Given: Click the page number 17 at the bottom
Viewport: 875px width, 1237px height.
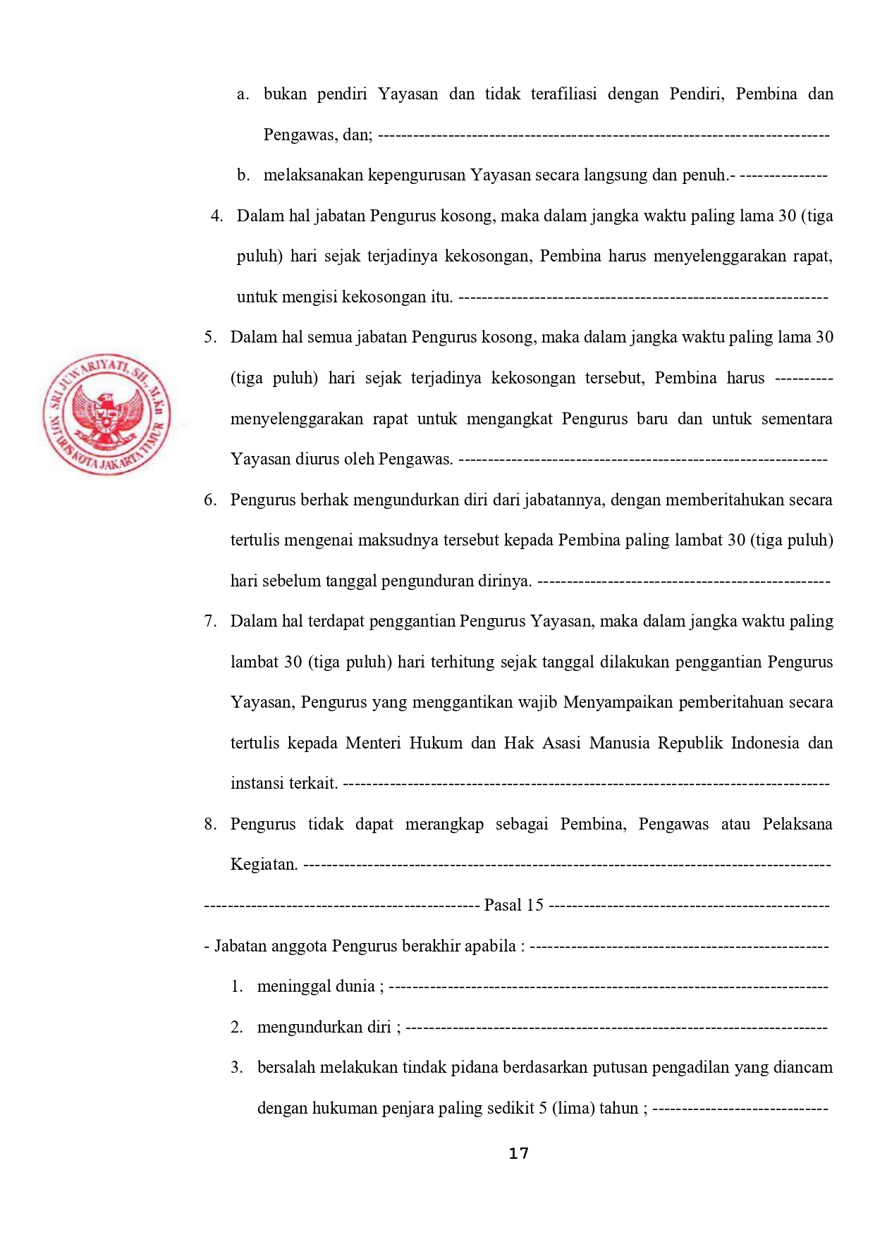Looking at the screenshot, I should [x=518, y=1154].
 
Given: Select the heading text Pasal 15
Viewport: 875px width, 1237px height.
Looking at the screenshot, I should [x=514, y=905].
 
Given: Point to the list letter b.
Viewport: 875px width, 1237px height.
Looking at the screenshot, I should [x=243, y=175].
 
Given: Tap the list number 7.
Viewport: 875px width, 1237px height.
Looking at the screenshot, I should [x=210, y=621].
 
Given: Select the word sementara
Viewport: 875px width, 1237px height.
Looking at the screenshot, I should [x=797, y=419].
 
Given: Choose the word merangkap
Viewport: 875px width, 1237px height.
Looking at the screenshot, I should [x=444, y=824].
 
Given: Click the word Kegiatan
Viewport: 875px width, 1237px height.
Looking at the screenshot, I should [x=264, y=864].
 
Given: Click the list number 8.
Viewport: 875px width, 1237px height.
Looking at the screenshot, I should [x=210, y=824].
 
